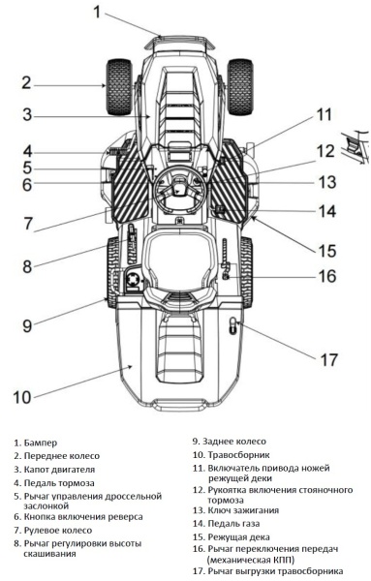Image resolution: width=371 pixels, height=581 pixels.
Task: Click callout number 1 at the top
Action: [97, 13]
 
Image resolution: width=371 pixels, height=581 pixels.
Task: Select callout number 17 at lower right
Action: [329, 359]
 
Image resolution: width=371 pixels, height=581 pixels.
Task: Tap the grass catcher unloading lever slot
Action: [232, 326]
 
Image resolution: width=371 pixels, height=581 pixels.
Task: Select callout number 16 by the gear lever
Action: [328, 276]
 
